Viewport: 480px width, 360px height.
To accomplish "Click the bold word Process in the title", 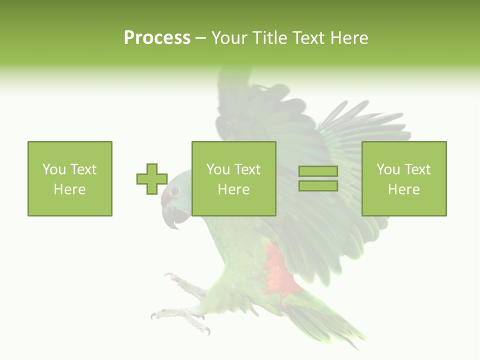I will [157, 38].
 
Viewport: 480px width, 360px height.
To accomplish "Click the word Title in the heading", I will [269, 38].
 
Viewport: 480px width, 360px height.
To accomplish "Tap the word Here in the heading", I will [348, 38].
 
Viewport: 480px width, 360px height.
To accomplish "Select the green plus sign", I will [152, 179].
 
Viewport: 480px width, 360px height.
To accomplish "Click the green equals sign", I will [318, 178].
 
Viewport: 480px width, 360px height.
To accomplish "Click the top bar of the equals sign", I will [318, 171].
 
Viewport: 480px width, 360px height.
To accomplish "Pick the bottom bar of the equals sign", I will [318, 185].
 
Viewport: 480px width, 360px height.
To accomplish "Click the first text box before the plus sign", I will [70, 178].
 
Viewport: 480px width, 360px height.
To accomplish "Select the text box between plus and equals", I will [233, 178].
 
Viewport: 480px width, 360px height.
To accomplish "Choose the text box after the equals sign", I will [403, 178].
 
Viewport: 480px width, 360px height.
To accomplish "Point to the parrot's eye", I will [174, 191].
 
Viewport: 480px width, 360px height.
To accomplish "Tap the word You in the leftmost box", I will [53, 169].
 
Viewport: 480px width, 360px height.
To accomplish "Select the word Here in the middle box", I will [233, 189].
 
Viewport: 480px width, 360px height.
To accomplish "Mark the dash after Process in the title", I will [201, 38].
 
